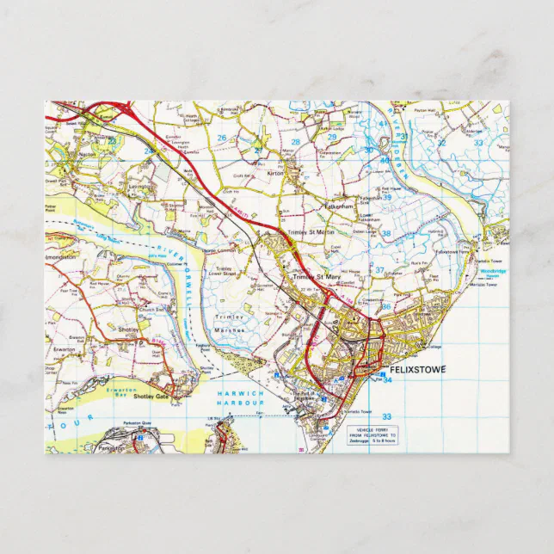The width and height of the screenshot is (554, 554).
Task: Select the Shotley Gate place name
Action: coord(151,396)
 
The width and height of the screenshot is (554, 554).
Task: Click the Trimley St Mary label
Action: coord(316,277)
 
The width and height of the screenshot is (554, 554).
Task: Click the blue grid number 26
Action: coord(222,137)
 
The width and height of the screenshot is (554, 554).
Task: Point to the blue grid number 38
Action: coord(386,234)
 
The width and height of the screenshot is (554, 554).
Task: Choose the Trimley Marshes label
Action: coord(231,322)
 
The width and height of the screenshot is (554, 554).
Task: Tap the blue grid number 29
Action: coord(331,137)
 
